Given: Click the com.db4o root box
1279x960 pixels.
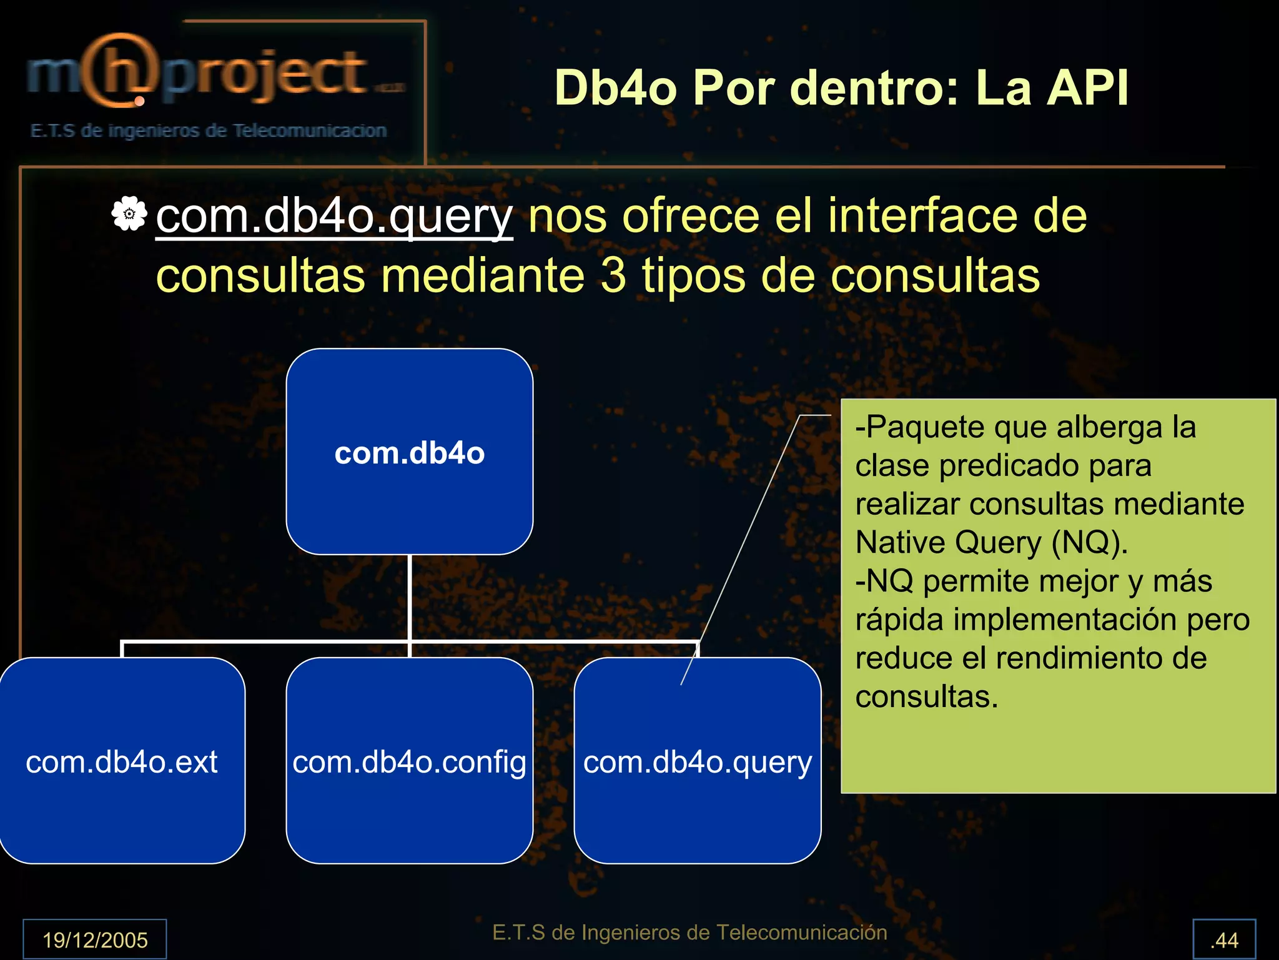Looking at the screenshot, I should coord(409,452).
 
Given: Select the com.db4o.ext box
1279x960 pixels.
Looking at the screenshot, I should coord(122,761).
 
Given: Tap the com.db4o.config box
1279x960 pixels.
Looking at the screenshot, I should coord(409,761).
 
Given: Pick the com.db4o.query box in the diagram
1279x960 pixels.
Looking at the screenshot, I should coord(697,761).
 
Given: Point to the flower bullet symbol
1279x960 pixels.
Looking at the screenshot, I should coord(129,214).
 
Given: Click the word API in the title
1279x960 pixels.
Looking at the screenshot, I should coord(1088,88).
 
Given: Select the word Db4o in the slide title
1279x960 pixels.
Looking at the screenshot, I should coord(615,88).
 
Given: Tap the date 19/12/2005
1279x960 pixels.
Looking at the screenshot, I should coord(95,939).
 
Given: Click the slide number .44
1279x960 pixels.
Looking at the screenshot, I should coord(1224,939).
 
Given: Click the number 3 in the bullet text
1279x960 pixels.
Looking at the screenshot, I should coord(613,275).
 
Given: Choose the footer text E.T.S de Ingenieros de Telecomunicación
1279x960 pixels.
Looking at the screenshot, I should coord(689,932).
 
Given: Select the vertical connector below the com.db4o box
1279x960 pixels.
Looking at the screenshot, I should coord(410,596).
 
